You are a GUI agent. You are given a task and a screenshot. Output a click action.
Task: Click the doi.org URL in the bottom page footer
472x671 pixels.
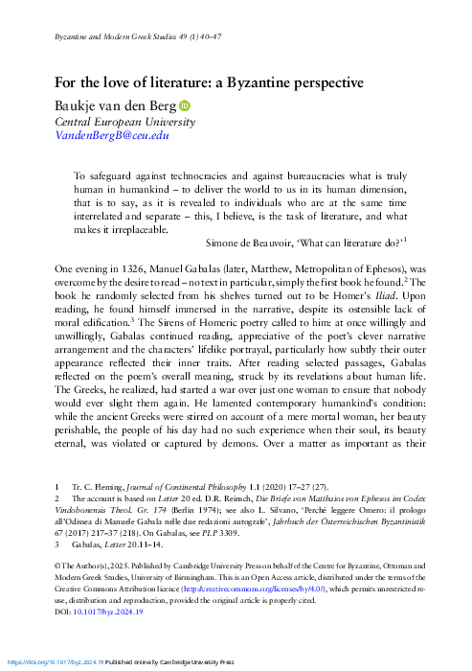coord(54,662)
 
